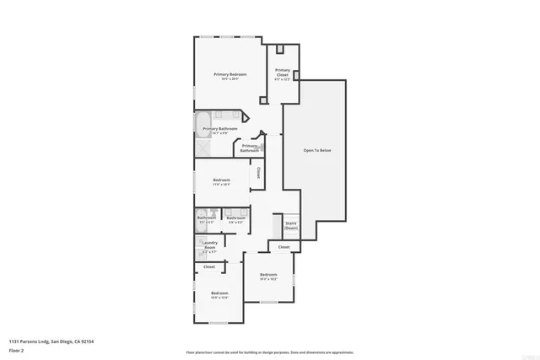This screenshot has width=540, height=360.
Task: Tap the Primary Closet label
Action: [x=282, y=73]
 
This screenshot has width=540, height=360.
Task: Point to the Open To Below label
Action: [x=317, y=150]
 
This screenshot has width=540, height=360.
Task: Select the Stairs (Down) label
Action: [x=290, y=225]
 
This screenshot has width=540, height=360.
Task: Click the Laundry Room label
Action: [x=209, y=245]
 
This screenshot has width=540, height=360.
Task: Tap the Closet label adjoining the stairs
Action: [x=283, y=247]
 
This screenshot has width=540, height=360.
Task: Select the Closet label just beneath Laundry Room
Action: [x=209, y=266]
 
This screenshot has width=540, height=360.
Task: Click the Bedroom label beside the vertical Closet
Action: [x=222, y=180]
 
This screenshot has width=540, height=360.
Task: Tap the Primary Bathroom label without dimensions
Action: [x=249, y=148]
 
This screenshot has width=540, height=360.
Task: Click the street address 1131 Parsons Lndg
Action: [x=28, y=341]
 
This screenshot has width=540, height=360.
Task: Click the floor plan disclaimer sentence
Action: [x=269, y=352]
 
